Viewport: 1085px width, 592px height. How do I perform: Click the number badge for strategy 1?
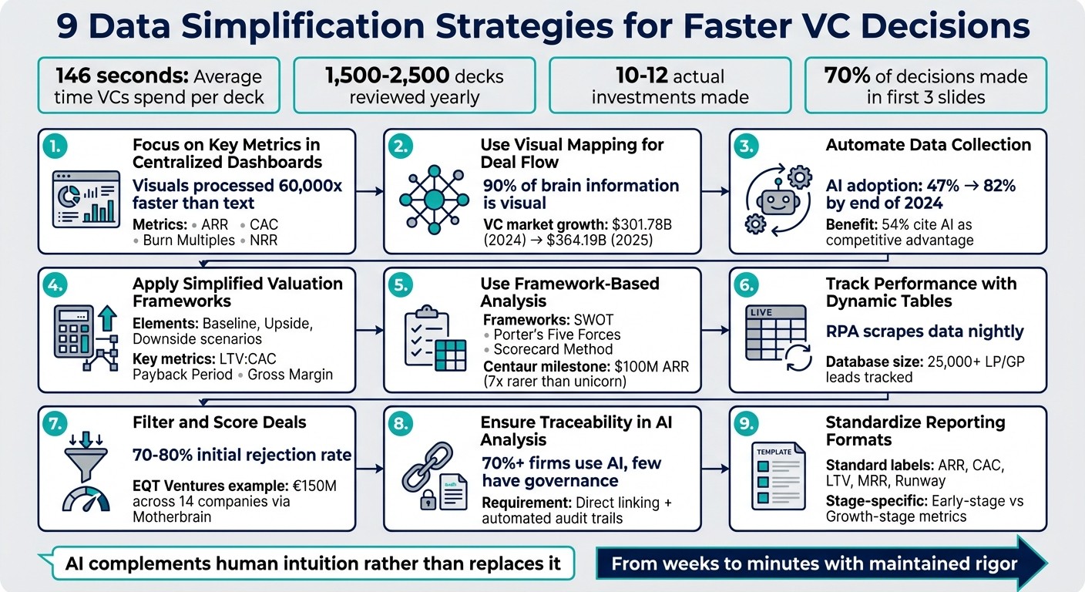[57, 146]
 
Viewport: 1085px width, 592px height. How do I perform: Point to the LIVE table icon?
[774, 334]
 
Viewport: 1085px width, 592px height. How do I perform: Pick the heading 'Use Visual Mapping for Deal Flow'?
[572, 153]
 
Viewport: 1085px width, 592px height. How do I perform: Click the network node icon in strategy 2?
[434, 200]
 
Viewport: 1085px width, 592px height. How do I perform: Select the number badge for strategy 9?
[748, 423]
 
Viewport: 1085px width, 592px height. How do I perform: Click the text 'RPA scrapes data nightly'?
[924, 331]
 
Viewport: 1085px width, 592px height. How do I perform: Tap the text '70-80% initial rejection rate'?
[243, 455]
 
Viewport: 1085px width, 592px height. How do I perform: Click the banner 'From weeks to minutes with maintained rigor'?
[814, 563]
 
